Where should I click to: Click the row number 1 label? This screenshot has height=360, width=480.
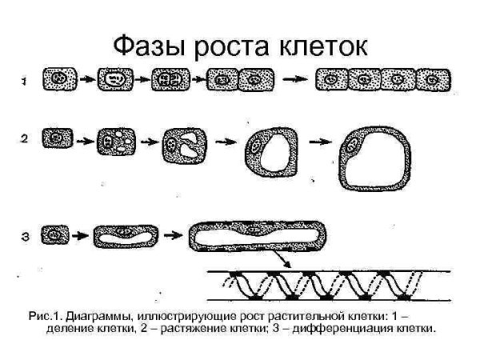point(25,80)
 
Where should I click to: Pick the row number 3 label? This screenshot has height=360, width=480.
point(25,235)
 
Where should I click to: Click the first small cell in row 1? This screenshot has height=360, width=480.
point(58,79)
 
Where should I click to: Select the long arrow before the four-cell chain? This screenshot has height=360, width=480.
point(297,79)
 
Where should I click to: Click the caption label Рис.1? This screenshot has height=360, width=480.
point(44,316)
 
